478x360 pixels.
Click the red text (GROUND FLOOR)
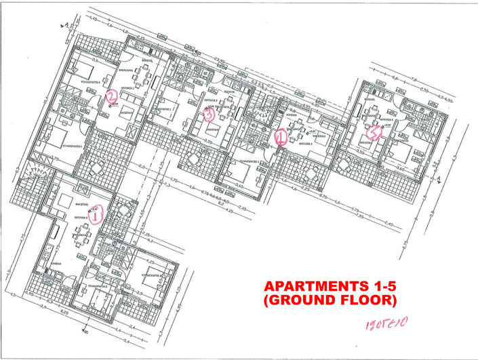330,299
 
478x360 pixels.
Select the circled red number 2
112,98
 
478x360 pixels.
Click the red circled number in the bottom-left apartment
96,216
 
